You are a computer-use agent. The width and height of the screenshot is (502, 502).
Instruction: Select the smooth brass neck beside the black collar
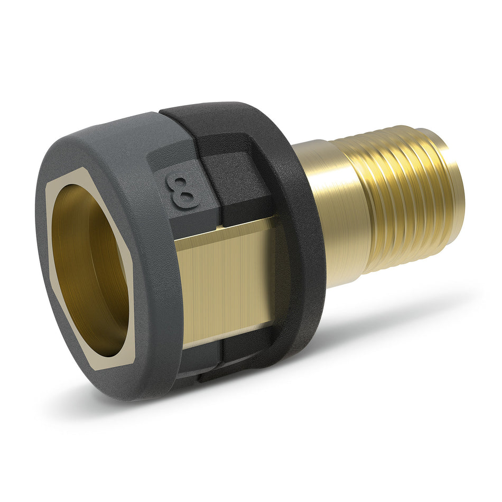(x=338, y=211)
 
